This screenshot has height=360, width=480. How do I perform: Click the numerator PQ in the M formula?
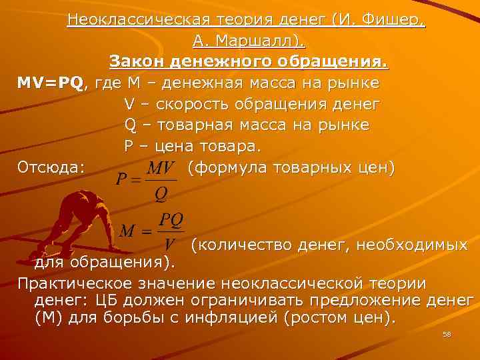pos(172,219)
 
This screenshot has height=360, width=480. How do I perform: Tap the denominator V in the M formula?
pos(170,244)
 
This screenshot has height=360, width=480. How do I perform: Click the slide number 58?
pos(447,335)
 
